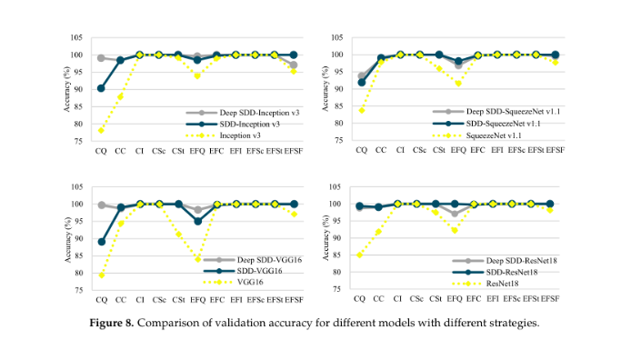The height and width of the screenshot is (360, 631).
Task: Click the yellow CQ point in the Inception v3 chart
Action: [101, 131]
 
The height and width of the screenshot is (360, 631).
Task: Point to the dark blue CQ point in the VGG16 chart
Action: [101, 242]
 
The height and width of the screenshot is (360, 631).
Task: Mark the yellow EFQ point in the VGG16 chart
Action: [197, 258]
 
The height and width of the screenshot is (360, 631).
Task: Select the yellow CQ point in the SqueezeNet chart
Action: [362, 110]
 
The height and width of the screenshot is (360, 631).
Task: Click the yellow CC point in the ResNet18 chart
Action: [379, 232]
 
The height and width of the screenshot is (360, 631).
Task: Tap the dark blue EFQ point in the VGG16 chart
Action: [197, 221]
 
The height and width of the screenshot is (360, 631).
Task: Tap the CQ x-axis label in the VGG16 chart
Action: [101, 298]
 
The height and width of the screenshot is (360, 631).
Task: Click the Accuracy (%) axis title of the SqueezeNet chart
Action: [324, 88]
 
